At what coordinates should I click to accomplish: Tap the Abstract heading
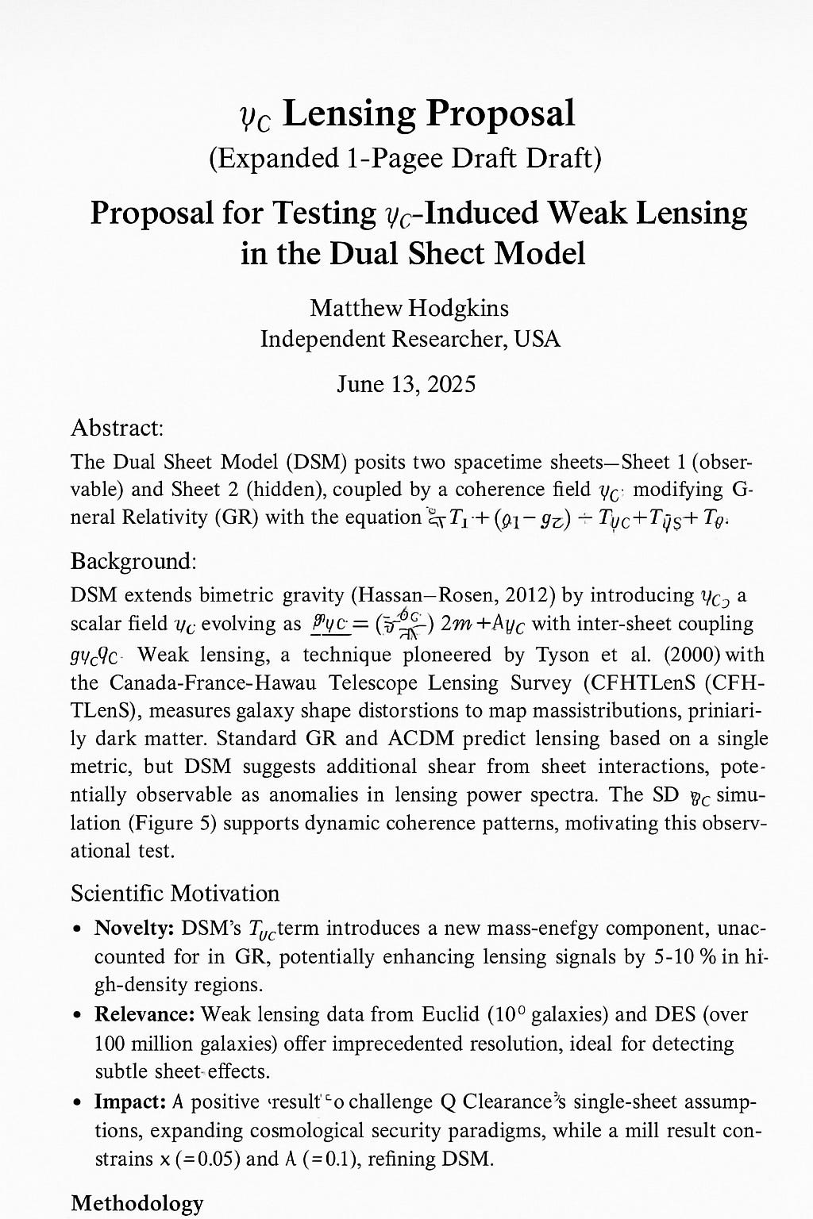coord(117,429)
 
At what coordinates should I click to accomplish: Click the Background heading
coord(133,561)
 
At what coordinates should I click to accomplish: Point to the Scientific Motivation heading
coord(175,894)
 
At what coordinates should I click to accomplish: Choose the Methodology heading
coord(137,1204)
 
